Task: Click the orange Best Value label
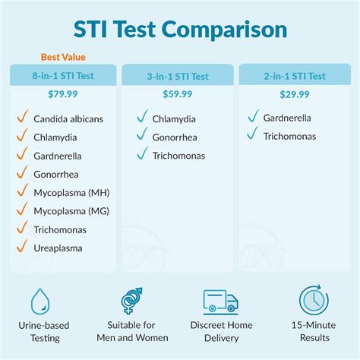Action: click(x=63, y=57)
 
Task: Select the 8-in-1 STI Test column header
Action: click(x=63, y=76)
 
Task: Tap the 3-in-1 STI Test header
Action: click(x=178, y=76)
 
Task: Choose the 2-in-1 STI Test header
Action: click(x=295, y=76)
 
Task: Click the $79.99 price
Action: click(x=63, y=94)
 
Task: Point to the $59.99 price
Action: click(x=178, y=94)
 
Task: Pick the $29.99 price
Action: click(x=295, y=94)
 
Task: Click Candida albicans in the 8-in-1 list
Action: click(x=68, y=119)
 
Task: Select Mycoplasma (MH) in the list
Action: click(x=71, y=193)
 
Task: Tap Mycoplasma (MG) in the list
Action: click(x=71, y=211)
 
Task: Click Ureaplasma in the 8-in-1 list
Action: click(x=58, y=248)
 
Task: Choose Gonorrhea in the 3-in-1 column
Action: click(x=175, y=137)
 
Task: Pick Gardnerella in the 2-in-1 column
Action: click(x=287, y=118)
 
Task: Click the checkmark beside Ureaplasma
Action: click(x=22, y=246)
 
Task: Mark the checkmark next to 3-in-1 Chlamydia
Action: click(x=142, y=116)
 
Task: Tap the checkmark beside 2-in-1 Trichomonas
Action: click(x=253, y=133)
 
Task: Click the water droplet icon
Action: click(x=40, y=302)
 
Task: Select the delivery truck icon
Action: click(x=221, y=302)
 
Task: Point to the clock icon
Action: click(x=314, y=300)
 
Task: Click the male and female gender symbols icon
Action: click(x=131, y=301)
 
